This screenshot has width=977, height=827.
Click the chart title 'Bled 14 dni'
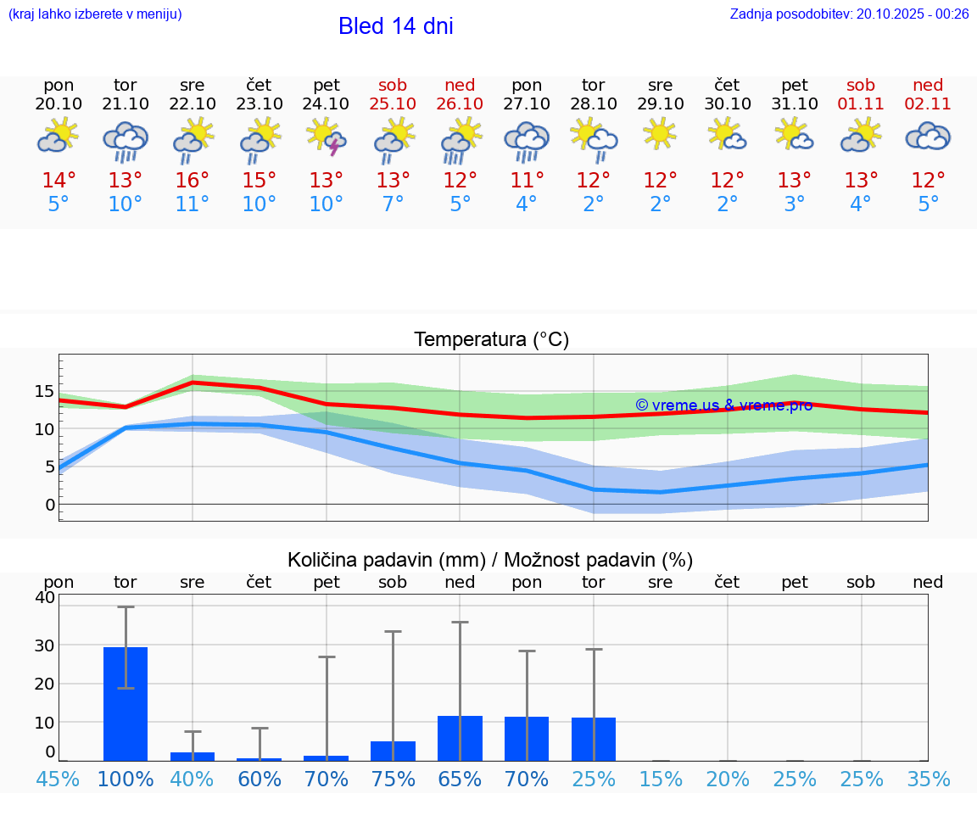(395, 26)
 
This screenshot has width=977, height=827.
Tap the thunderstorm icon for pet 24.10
(327, 137)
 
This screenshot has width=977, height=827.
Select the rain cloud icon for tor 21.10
(126, 140)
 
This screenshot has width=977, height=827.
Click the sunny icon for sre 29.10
(660, 134)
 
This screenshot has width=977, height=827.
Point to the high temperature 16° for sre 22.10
(193, 181)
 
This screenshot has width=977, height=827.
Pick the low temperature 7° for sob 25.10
(393, 204)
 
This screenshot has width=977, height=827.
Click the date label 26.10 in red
(460, 104)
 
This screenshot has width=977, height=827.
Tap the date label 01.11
(861, 104)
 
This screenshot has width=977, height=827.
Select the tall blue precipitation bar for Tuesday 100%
(126, 704)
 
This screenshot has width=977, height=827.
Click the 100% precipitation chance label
(126, 779)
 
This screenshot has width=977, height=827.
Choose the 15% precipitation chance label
(660, 779)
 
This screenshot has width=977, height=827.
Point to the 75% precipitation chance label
(393, 779)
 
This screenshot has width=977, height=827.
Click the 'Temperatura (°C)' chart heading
(491, 340)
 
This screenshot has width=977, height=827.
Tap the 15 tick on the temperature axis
(45, 392)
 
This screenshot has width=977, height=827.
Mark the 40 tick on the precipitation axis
(45, 597)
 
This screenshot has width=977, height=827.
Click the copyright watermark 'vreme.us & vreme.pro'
(723, 405)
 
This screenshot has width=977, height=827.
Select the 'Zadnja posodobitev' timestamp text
(849, 14)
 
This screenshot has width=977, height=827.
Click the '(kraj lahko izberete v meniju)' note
(95, 14)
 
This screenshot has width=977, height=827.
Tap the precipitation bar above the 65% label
(460, 738)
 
